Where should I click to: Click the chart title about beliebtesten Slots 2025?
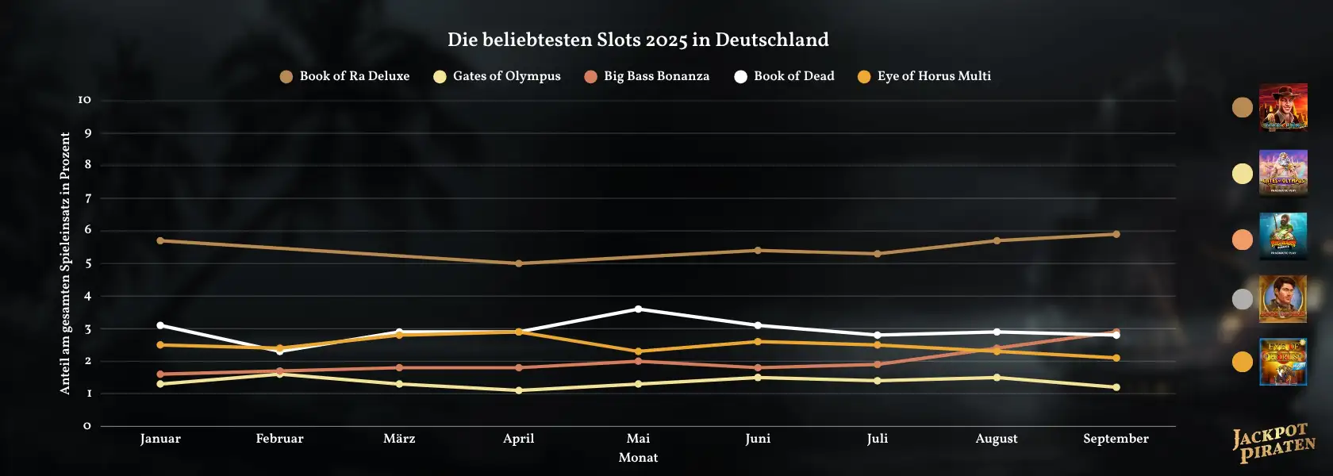pos(638,40)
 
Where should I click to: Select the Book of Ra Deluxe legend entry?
pos(345,76)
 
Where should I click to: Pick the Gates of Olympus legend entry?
pos(497,76)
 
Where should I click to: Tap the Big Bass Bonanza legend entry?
pos(647,76)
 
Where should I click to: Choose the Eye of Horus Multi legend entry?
pos(924,76)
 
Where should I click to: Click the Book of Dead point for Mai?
pos(638,309)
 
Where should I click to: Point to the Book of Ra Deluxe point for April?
pos(519,263)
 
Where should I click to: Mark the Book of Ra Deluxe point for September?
pos(1116,234)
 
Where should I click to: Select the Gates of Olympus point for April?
pos(519,390)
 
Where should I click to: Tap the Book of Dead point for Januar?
pos(160,325)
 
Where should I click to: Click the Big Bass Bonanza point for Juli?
pos(878,364)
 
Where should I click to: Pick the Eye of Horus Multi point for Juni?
pos(758,342)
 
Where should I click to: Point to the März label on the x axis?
pos(399,439)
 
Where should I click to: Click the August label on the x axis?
pos(997,439)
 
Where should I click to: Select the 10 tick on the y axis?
pos(85,100)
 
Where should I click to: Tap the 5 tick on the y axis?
pos(88,263)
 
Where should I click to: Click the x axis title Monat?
pos(638,458)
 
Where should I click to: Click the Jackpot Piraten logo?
pos(1273,443)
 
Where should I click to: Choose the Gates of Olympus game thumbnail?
pos(1283,173)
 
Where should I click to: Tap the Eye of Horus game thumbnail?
pos(1283,362)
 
